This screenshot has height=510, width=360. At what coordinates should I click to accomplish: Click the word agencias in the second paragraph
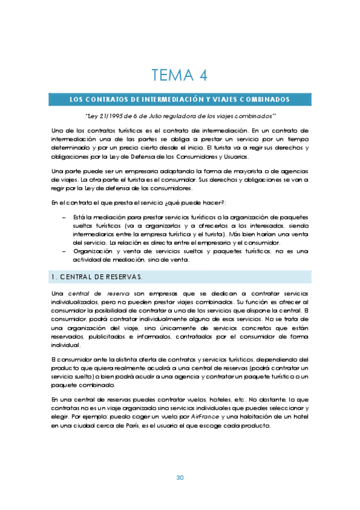(294, 172)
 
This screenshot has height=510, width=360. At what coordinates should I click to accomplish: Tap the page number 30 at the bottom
(180, 478)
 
